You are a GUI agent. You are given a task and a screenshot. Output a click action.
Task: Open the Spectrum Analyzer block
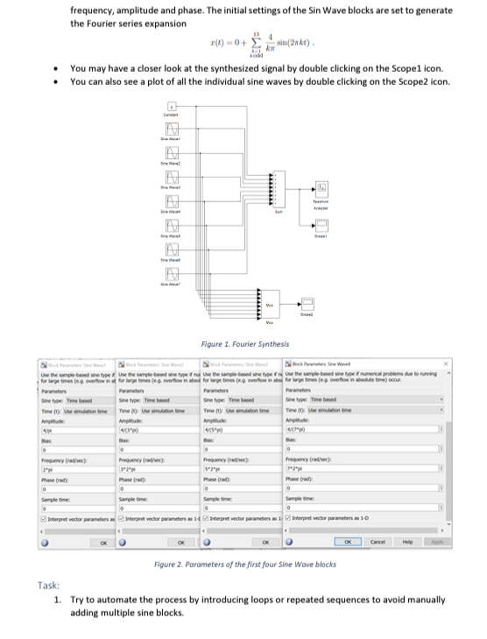323,187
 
